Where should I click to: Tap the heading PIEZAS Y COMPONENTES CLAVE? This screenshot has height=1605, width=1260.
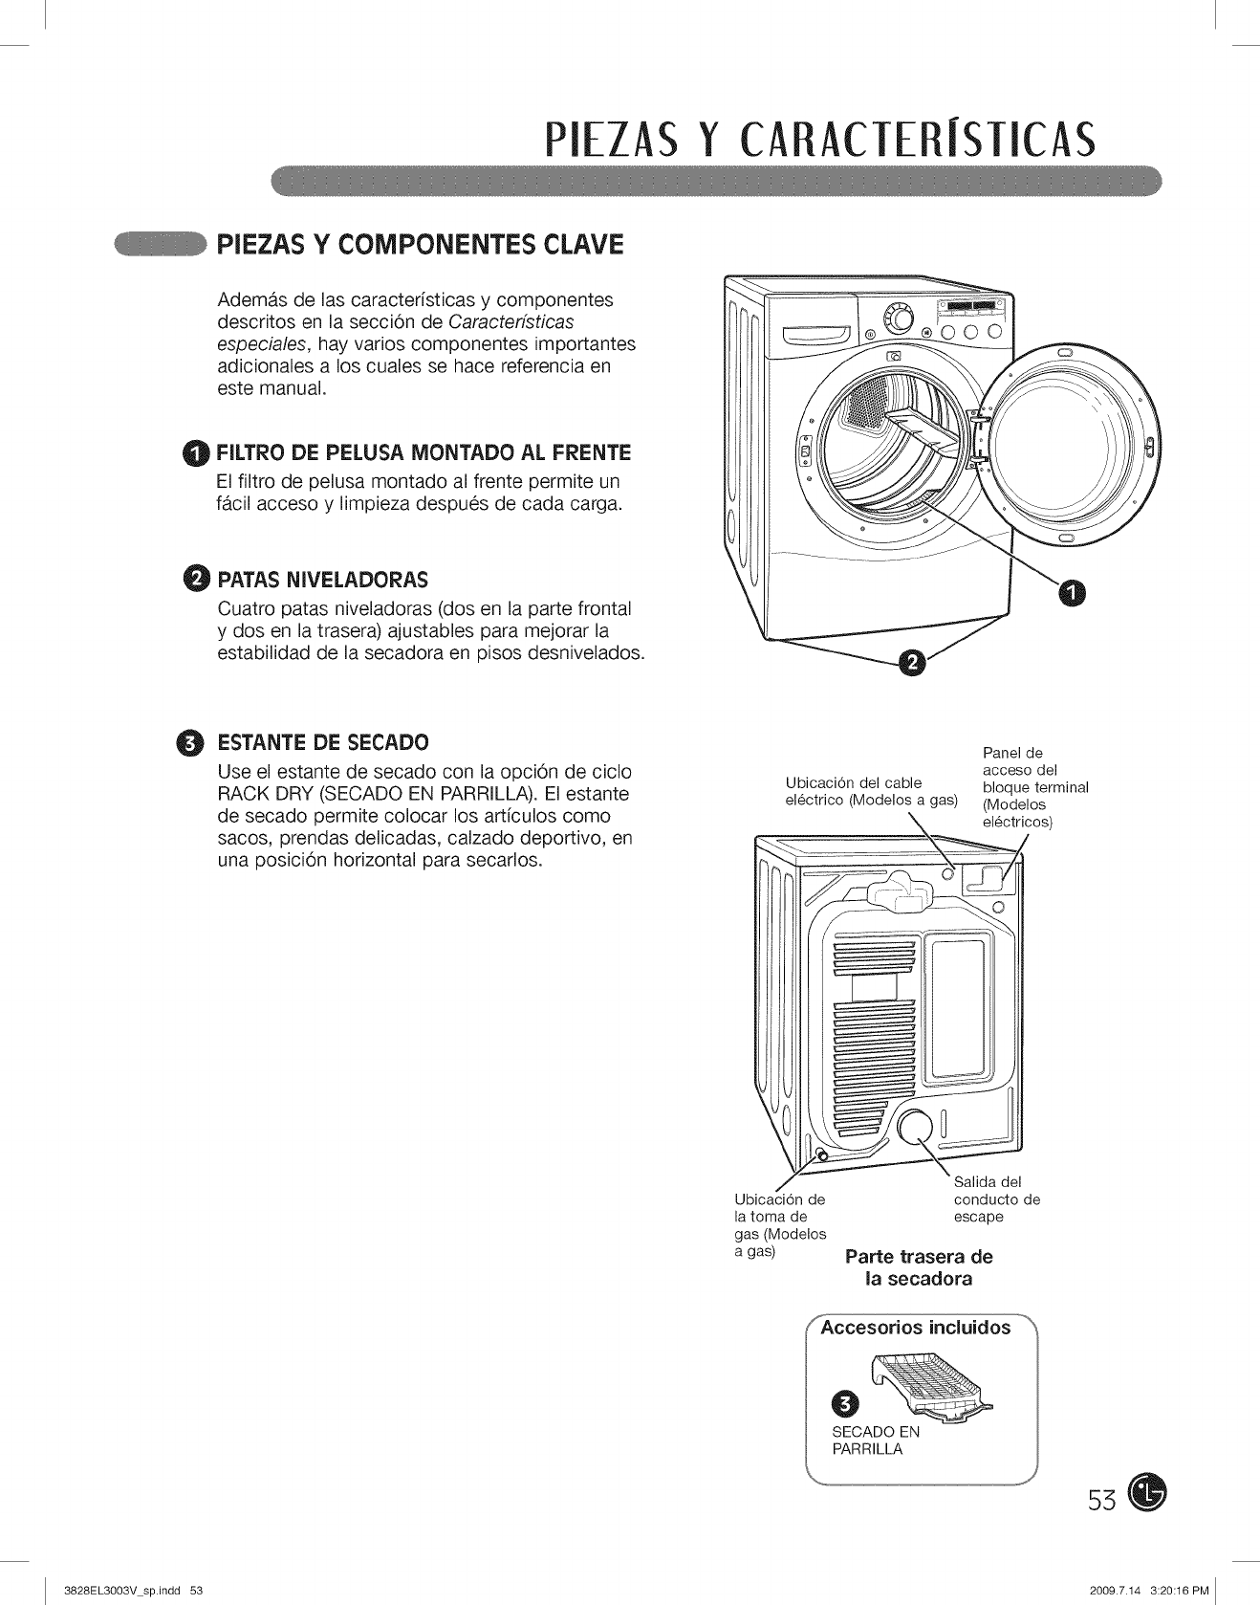coord(420,245)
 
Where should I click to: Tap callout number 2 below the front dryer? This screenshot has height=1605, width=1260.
coord(912,663)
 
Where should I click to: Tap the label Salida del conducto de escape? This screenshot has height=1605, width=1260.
coord(996,1199)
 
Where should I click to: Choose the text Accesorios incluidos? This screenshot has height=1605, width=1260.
coord(921,1328)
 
